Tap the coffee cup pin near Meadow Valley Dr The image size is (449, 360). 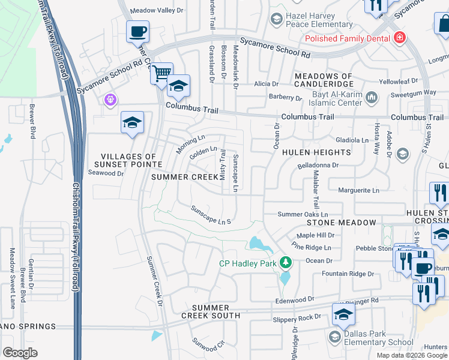(137, 31)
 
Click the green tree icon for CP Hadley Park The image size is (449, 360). (287, 262)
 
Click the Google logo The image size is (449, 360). (20, 352)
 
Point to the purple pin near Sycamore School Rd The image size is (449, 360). (109, 99)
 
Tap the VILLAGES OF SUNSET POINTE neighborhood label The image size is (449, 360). (128, 160)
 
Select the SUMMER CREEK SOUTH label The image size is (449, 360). (211, 311)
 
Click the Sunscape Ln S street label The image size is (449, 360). (211, 216)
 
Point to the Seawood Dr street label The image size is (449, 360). (106, 173)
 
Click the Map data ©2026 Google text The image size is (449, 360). (411, 355)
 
